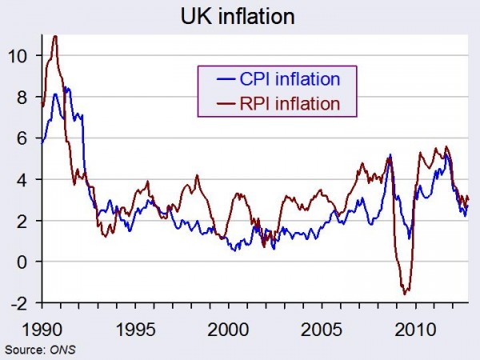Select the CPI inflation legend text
pos(289,79)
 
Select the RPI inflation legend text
pos(289,103)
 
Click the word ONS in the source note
pos(68,350)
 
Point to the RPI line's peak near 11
pos(54,36)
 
